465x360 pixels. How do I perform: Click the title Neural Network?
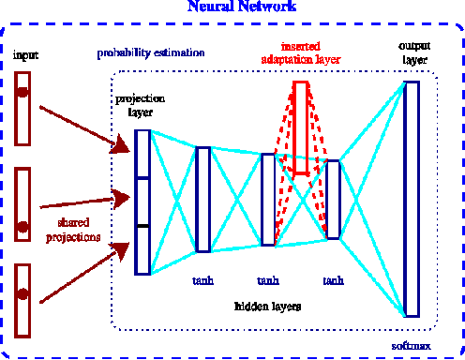pyautogui.click(x=242, y=7)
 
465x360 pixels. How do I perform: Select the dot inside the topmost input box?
pyautogui.click(x=22, y=92)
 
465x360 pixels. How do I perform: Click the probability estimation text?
pyautogui.click(x=151, y=53)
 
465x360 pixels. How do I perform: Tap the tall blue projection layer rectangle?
pyautogui.click(x=142, y=202)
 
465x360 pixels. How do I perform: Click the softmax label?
pyautogui.click(x=412, y=346)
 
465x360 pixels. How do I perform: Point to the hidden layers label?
pyautogui.click(x=267, y=307)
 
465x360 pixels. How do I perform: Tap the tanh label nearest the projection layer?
pyautogui.click(x=202, y=281)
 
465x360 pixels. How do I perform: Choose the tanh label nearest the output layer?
pyautogui.click(x=333, y=281)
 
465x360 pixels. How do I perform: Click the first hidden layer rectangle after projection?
pyautogui.click(x=202, y=199)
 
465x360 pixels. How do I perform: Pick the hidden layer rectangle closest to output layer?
pyautogui.click(x=332, y=199)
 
